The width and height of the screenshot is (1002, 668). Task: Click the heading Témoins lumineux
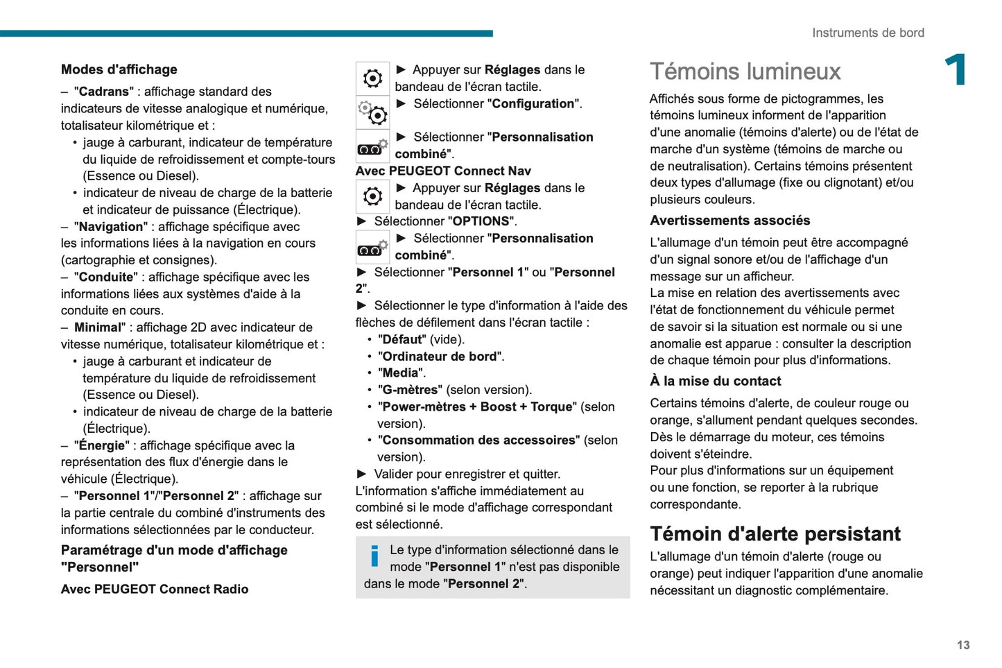pyautogui.click(x=745, y=71)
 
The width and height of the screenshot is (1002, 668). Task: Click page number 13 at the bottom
pyautogui.click(x=963, y=645)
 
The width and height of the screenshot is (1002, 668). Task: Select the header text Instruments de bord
pyautogui.click(x=867, y=33)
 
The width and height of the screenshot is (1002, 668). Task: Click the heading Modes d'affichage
pyautogui.click(x=119, y=69)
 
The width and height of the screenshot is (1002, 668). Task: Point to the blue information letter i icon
pyautogui.click(x=374, y=556)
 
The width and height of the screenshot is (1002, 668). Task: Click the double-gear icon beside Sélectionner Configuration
pyautogui.click(x=372, y=112)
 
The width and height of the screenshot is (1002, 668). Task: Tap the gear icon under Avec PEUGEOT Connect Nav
pyautogui.click(x=372, y=196)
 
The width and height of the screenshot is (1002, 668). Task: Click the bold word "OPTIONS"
pyautogui.click(x=481, y=221)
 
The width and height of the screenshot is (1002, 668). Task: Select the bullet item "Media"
pyautogui.click(x=401, y=373)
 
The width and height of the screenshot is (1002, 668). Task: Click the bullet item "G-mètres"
pyautogui.click(x=410, y=390)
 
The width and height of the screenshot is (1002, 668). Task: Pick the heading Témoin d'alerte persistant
pyautogui.click(x=775, y=533)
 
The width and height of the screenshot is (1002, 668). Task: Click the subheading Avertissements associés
pyautogui.click(x=729, y=221)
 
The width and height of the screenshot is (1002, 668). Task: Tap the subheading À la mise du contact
pyautogui.click(x=715, y=381)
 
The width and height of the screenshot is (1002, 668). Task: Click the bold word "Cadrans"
pyautogui.click(x=103, y=92)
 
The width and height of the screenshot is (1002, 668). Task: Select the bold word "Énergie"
pyautogui.click(x=102, y=445)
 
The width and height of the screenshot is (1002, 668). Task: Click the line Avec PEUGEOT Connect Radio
pyautogui.click(x=154, y=589)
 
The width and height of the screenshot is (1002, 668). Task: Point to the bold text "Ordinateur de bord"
pyautogui.click(x=440, y=357)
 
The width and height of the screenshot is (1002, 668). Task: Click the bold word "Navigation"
pyautogui.click(x=110, y=227)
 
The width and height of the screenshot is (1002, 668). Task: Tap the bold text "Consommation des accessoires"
pyautogui.click(x=478, y=440)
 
